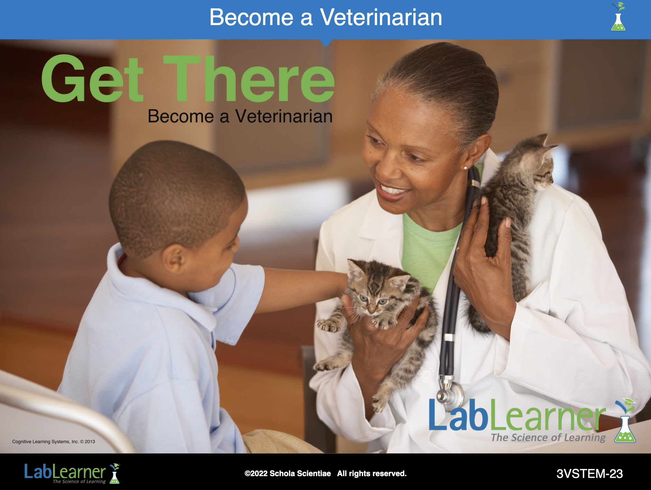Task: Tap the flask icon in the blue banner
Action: (x=618, y=16)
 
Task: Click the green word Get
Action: (x=93, y=79)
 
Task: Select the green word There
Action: (x=249, y=79)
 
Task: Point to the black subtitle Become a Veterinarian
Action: (x=240, y=116)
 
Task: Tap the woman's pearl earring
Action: (x=465, y=168)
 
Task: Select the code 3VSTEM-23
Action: (x=590, y=474)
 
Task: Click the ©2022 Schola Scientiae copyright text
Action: (x=288, y=474)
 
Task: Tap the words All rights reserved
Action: (x=372, y=474)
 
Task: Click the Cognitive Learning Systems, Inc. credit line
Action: (x=54, y=442)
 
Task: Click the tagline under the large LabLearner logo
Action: (x=548, y=438)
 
